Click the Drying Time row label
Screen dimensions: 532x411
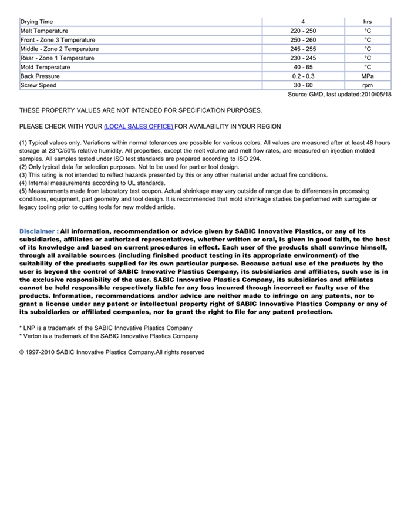(x=36, y=22)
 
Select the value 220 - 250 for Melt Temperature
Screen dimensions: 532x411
(x=302, y=31)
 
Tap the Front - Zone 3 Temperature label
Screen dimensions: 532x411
(x=58, y=40)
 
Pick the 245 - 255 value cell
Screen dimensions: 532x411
(x=302, y=49)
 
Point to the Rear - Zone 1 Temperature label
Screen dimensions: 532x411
(x=57, y=58)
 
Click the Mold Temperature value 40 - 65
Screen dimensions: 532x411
(x=302, y=67)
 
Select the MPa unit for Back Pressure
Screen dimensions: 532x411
(x=368, y=76)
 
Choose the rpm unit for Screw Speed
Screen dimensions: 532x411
(x=368, y=85)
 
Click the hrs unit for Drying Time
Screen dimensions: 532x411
(x=368, y=22)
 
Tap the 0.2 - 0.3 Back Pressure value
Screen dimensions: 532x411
(x=302, y=76)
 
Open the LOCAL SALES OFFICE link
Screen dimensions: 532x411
(x=139, y=126)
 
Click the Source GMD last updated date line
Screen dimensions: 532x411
(x=339, y=94)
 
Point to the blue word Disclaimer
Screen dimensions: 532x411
(x=38, y=231)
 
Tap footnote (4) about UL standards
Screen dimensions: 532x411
(x=92, y=183)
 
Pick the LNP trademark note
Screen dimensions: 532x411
(x=106, y=328)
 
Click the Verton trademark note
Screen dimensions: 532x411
(x=109, y=336)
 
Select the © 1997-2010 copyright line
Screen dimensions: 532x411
(x=112, y=352)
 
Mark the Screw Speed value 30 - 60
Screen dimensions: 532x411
(x=302, y=85)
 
